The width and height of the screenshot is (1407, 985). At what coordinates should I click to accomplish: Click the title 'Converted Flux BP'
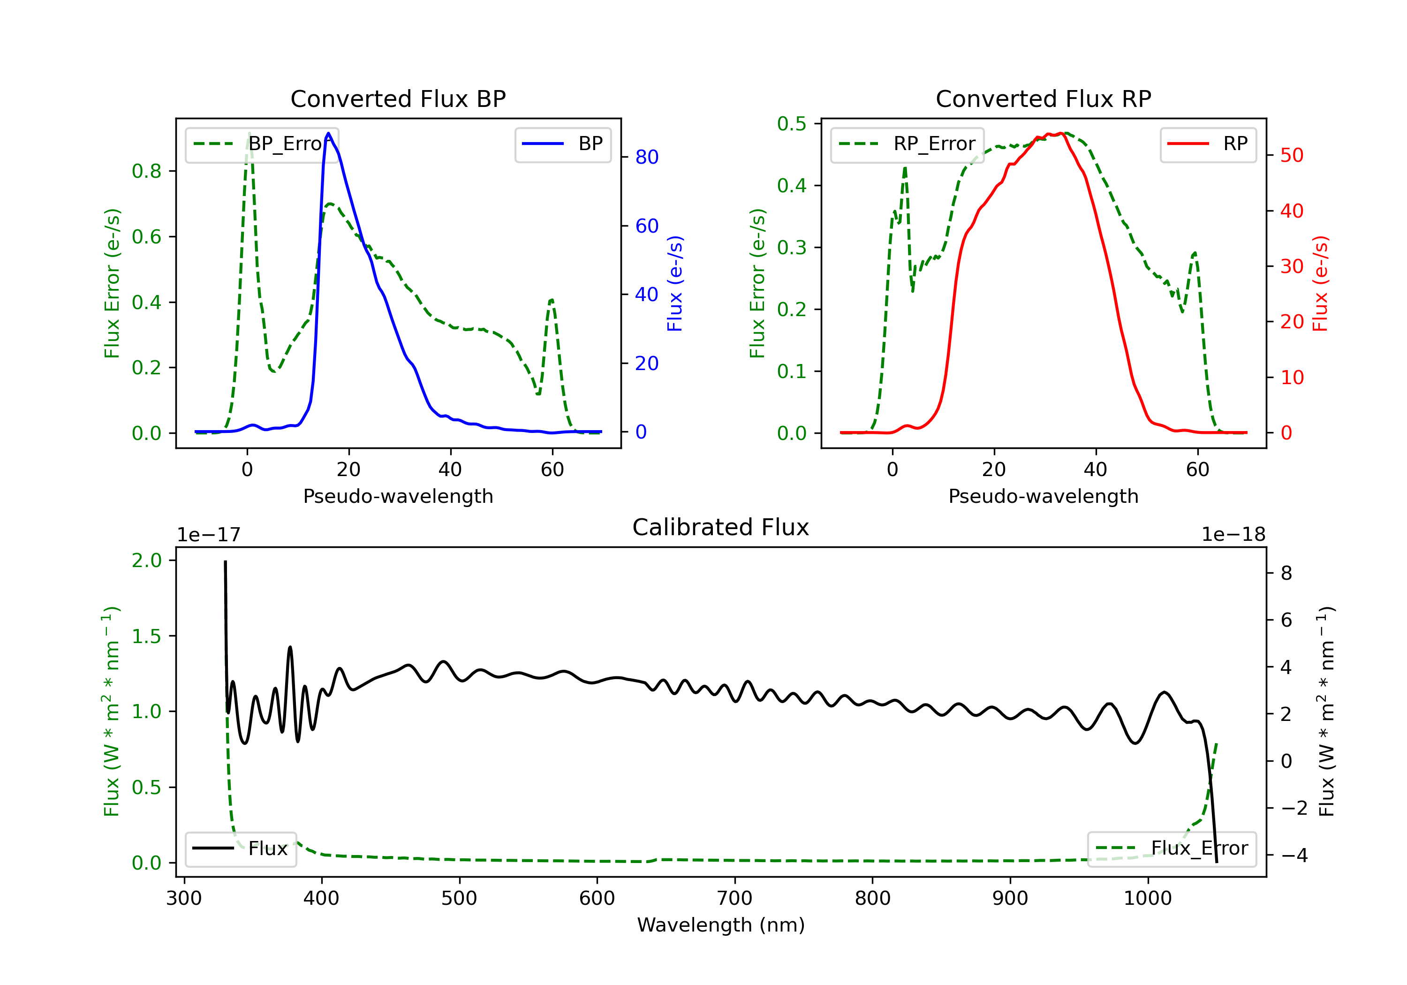pos(398,98)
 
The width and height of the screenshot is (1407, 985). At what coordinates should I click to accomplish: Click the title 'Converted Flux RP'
pos(1044,98)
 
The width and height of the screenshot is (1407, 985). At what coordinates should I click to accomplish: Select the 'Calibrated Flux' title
pos(721,527)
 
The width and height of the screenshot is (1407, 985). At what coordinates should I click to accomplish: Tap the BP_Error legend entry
pos(262,144)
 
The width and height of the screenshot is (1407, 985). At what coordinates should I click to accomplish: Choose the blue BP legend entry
pos(562,144)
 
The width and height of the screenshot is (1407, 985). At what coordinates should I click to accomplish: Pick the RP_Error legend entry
pos(908,144)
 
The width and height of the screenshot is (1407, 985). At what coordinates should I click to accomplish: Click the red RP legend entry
pos(1208,144)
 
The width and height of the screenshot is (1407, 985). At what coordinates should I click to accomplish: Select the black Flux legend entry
pos(240,849)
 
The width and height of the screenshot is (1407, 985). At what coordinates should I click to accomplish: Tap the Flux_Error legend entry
pos(1172,849)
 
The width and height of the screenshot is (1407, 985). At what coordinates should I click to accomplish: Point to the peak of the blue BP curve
pos(328,133)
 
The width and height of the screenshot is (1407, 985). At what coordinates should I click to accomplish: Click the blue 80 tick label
pos(646,158)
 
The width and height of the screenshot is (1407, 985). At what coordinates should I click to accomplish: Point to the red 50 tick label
pos(1292,156)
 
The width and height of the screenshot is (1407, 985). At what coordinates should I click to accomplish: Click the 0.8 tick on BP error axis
pos(147,171)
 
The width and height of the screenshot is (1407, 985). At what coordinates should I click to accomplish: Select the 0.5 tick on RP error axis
pos(792,124)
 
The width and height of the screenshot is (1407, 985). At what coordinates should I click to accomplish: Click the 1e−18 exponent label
pos(1233,535)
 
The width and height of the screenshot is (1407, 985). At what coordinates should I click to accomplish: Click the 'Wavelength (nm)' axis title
pos(721,925)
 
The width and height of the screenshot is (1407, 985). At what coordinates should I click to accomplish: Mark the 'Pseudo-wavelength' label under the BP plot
pos(398,496)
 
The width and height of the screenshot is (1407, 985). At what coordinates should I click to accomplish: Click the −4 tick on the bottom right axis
pos(1294,856)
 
